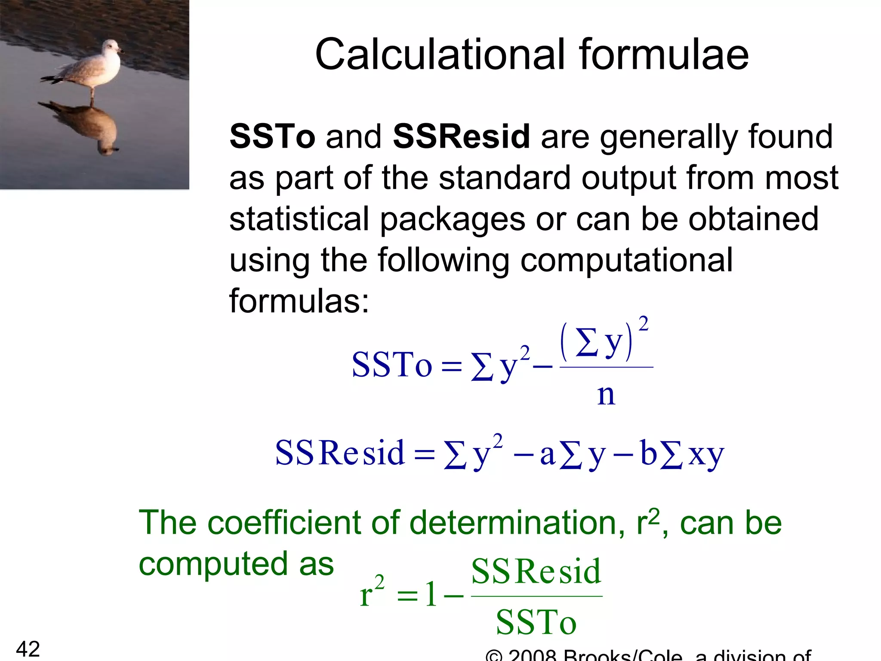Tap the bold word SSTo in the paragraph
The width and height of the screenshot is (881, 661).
(x=272, y=137)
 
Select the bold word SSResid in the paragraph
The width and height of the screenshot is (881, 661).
(x=461, y=137)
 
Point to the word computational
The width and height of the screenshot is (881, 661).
(x=626, y=260)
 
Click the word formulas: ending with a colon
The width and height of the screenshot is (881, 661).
(x=299, y=301)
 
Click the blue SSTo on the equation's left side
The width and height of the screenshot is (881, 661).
(x=391, y=365)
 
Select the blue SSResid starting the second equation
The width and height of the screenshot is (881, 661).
(x=340, y=453)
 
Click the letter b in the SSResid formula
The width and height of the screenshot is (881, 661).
(x=649, y=453)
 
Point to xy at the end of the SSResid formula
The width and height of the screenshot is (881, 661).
(x=706, y=455)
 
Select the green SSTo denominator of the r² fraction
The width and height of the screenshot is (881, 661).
(x=536, y=623)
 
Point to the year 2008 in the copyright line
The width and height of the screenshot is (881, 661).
(x=533, y=655)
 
